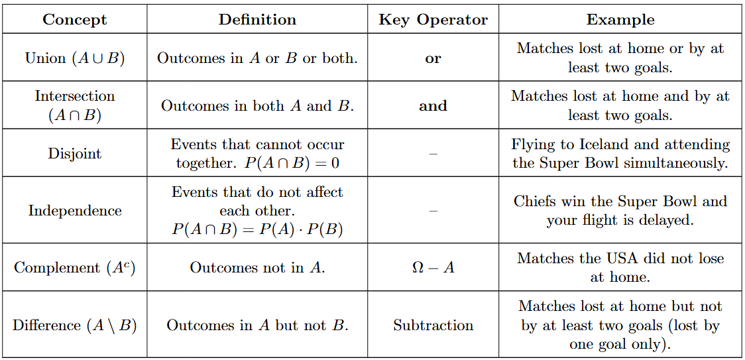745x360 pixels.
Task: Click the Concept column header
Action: tap(75, 19)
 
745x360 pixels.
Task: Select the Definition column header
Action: tap(257, 19)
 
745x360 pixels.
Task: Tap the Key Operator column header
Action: tap(433, 19)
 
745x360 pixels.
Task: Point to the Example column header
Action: tap(620, 19)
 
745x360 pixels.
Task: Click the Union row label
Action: tap(75, 58)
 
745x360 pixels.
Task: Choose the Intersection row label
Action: tap(75, 105)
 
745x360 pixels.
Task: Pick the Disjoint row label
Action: tap(75, 154)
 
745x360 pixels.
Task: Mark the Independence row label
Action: tap(75, 211)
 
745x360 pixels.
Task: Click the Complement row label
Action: tap(75, 268)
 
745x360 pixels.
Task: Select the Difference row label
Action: tap(75, 326)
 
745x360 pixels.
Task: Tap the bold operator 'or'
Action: tap(433, 58)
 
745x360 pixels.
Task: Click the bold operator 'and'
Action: tap(433, 106)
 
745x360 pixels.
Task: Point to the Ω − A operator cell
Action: tap(433, 268)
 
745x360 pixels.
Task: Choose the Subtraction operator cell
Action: tap(433, 326)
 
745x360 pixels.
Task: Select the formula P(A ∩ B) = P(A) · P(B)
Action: tap(257, 229)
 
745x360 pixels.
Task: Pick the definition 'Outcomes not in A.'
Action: tap(257, 268)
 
